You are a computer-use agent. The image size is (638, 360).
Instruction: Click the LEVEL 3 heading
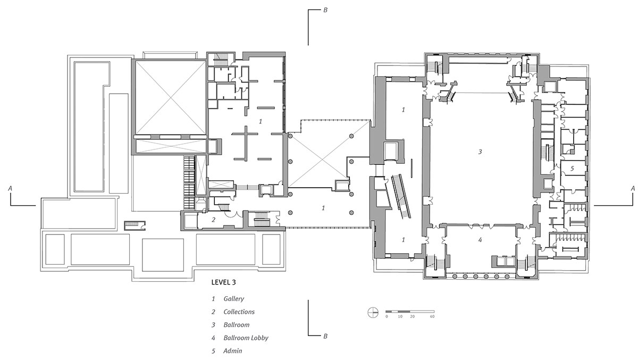pyautogui.click(x=224, y=282)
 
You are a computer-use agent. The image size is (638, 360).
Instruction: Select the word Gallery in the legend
pyautogui.click(x=233, y=298)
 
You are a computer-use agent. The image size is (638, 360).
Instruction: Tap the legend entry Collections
pyautogui.click(x=239, y=312)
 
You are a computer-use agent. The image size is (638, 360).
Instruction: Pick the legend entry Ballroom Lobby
pyautogui.click(x=246, y=338)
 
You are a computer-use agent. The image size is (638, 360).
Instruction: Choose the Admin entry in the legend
pyautogui.click(x=233, y=350)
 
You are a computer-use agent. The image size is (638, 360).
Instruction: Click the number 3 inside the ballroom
pyautogui.click(x=480, y=152)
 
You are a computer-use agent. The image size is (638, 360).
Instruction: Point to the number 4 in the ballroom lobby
pyautogui.click(x=480, y=240)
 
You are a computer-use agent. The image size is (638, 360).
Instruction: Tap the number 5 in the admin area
pyautogui.click(x=572, y=169)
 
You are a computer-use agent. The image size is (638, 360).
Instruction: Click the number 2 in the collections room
pyautogui.click(x=213, y=220)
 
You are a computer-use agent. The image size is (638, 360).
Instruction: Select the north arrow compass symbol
pyautogui.click(x=373, y=313)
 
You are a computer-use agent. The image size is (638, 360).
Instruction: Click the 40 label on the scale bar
pyautogui.click(x=432, y=316)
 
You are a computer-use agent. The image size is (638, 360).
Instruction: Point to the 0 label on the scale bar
pyautogui.click(x=387, y=316)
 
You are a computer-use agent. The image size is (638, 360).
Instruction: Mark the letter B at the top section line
pyautogui.click(x=325, y=10)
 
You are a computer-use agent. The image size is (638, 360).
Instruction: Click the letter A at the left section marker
pyautogui.click(x=10, y=188)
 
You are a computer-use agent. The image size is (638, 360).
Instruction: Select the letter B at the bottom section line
pyautogui.click(x=325, y=336)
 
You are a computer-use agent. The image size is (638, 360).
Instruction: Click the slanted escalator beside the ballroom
pyautogui.click(x=401, y=196)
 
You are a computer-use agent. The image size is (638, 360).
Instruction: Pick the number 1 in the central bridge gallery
pyautogui.click(x=323, y=208)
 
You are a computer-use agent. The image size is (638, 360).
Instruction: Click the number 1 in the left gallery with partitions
pyautogui.click(x=261, y=122)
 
